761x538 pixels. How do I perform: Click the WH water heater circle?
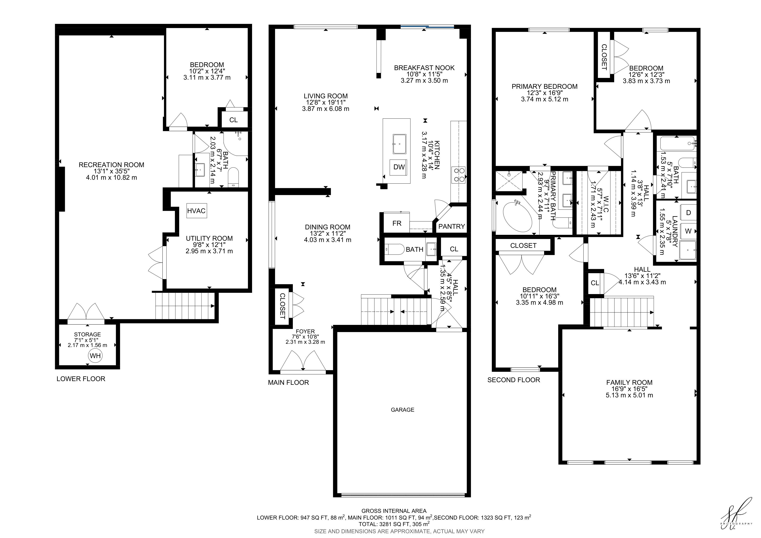(x=95, y=356)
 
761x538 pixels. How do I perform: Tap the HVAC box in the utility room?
(x=196, y=211)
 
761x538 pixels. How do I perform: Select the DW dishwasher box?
(x=399, y=167)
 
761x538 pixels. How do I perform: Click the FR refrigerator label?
(x=397, y=223)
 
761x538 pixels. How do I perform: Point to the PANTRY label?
(x=451, y=226)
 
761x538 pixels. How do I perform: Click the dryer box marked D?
(x=688, y=212)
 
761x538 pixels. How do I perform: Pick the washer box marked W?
(x=688, y=231)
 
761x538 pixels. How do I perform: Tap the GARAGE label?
(x=402, y=410)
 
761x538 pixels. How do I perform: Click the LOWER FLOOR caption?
(x=81, y=378)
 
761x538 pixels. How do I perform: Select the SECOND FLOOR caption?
(x=514, y=380)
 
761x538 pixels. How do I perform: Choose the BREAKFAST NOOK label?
(x=424, y=68)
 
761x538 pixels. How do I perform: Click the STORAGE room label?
(x=87, y=334)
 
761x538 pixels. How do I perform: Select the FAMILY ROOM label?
(x=629, y=382)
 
